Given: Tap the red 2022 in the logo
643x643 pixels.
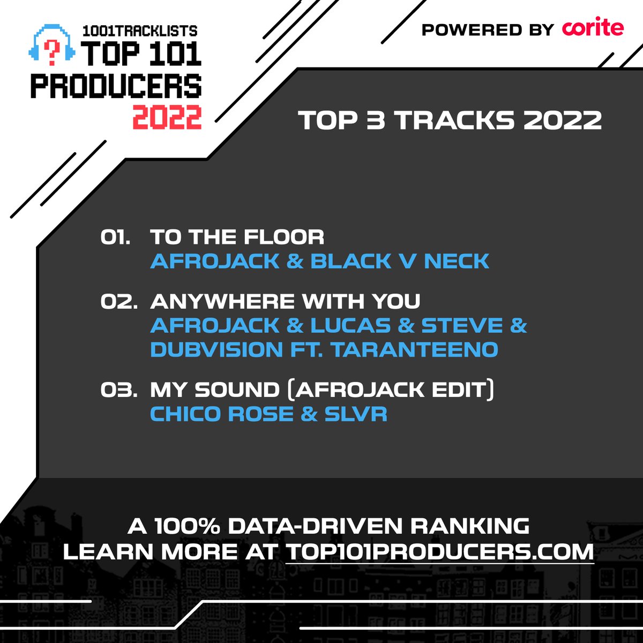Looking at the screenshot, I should [167, 117].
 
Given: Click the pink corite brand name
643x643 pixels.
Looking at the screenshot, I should [593, 28].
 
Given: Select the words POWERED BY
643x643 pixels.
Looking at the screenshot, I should [487, 30].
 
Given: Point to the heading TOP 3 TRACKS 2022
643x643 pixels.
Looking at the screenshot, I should [450, 121].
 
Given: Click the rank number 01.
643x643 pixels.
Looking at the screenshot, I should [115, 237].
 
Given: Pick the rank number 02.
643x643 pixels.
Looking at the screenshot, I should [117, 302].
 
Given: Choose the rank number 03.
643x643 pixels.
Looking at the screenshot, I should [117, 390].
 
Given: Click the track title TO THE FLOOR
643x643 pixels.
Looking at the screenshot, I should [237, 237].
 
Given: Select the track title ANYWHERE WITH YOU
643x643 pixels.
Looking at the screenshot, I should [285, 302].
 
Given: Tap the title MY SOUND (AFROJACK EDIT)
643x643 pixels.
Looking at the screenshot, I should [322, 390].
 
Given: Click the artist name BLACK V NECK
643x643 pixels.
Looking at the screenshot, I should [400, 261].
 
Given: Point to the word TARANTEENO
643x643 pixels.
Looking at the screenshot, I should [414, 350].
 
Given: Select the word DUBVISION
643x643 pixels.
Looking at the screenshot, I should [216, 350].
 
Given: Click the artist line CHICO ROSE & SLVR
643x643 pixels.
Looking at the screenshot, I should [268, 414].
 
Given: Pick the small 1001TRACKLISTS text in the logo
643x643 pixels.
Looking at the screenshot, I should [140, 31].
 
